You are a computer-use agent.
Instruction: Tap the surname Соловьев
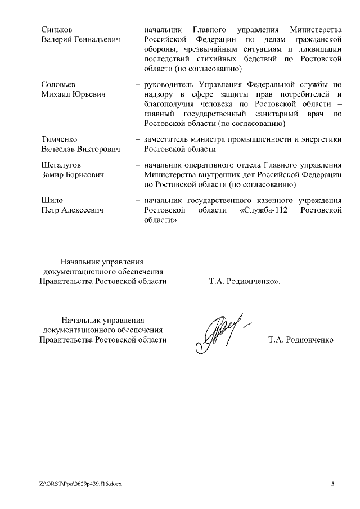(58, 84)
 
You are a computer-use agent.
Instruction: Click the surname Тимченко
(59, 139)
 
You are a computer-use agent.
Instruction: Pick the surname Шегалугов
(61, 165)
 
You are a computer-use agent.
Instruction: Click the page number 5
(332, 484)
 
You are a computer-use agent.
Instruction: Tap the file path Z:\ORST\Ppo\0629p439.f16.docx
(80, 484)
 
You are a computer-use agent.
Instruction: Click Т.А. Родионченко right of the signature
(301, 340)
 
